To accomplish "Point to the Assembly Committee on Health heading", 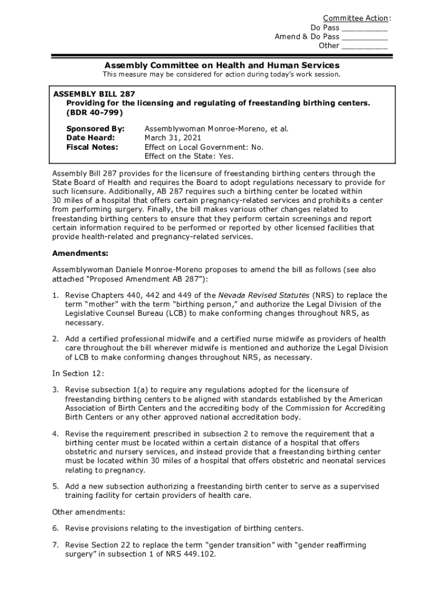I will (x=221, y=65).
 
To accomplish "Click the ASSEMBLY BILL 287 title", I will (x=94, y=93).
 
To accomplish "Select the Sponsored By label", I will (x=95, y=128).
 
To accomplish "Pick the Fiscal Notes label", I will (x=92, y=147).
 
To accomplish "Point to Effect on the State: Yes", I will (x=189, y=156).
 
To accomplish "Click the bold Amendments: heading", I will (x=80, y=253).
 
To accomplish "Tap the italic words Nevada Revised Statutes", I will (x=264, y=296).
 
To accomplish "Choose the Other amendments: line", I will (x=89, y=512).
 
